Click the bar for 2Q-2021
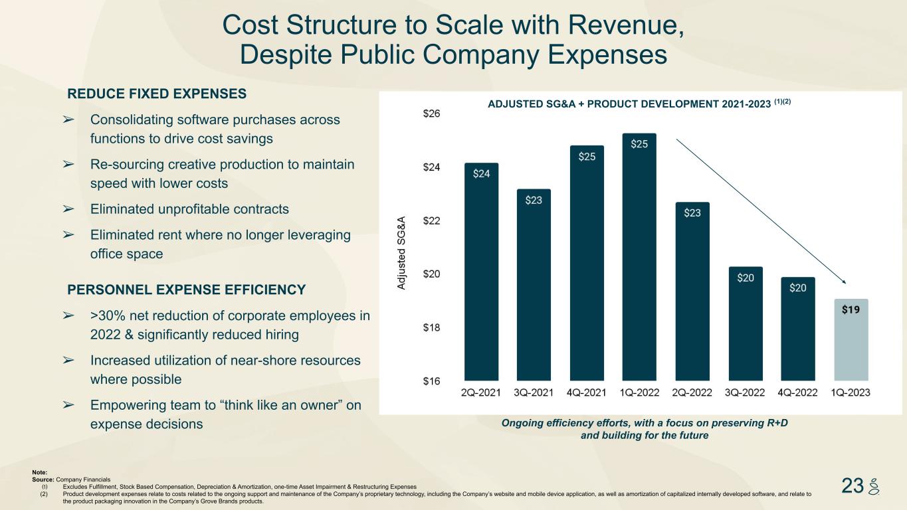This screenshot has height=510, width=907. pyautogui.click(x=481, y=272)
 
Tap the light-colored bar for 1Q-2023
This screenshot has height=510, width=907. pyautogui.click(x=851, y=339)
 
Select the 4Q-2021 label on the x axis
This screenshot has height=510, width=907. pyautogui.click(x=587, y=392)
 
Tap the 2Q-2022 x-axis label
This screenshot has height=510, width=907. pyautogui.click(x=692, y=392)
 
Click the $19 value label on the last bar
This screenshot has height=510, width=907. pyautogui.click(x=851, y=309)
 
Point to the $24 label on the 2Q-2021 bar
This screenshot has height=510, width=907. pyautogui.click(x=482, y=174)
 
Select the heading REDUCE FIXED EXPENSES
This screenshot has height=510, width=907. pyautogui.click(x=157, y=94)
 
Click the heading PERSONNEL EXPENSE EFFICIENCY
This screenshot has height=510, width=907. pyautogui.click(x=187, y=290)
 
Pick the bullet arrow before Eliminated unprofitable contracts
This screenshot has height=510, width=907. pyautogui.click(x=68, y=209)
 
